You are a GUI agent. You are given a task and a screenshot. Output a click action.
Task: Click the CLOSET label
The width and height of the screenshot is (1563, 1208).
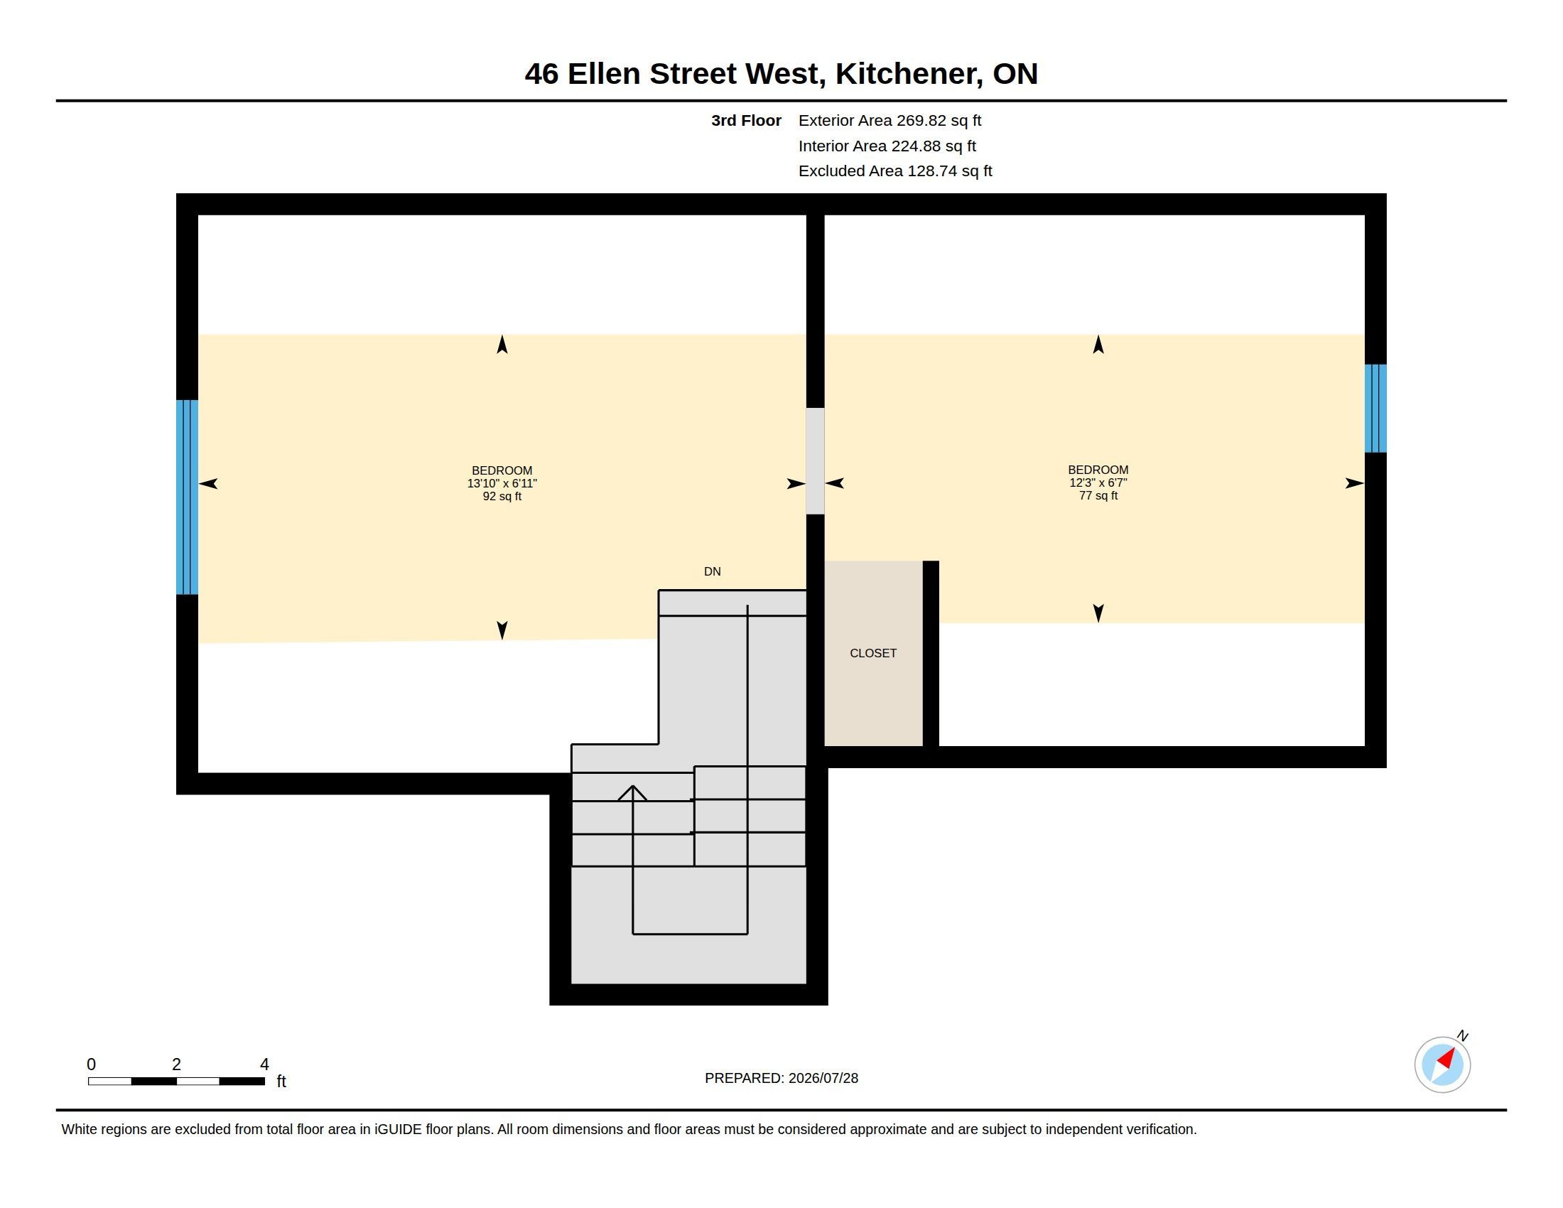[873, 653]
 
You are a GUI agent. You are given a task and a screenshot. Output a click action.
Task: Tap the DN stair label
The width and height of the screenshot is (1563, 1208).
[712, 572]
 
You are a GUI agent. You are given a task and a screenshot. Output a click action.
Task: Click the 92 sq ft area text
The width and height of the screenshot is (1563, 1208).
[502, 497]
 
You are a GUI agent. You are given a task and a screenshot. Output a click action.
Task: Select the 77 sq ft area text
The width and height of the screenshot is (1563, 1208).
[1098, 496]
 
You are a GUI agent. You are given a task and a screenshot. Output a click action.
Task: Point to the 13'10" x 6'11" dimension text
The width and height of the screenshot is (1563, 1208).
[502, 484]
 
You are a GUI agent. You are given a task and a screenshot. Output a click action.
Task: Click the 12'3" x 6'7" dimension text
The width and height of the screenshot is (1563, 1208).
[1098, 483]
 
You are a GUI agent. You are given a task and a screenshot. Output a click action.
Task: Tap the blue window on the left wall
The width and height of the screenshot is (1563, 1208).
[187, 497]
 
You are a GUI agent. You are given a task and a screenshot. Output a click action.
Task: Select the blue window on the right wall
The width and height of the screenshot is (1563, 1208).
[1375, 409]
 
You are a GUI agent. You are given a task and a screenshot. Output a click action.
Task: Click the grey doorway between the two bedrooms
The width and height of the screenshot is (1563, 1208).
[815, 461]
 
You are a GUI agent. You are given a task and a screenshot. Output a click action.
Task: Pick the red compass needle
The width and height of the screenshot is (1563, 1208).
[1446, 1059]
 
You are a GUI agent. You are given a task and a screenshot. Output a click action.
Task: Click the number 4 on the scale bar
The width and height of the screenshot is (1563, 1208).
[264, 1064]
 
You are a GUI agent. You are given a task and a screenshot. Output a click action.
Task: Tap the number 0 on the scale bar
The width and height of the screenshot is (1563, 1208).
[91, 1064]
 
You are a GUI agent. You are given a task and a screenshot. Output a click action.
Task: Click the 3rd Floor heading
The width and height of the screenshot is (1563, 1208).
[746, 121]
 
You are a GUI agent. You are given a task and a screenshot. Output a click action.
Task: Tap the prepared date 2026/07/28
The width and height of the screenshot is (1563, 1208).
[823, 1079]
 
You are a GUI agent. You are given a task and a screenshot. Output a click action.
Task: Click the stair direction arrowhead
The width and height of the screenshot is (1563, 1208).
[632, 793]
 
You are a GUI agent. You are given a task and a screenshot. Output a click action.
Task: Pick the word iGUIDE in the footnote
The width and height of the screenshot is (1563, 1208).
[398, 1130]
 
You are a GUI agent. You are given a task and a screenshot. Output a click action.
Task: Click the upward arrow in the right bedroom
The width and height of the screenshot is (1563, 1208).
[1098, 344]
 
